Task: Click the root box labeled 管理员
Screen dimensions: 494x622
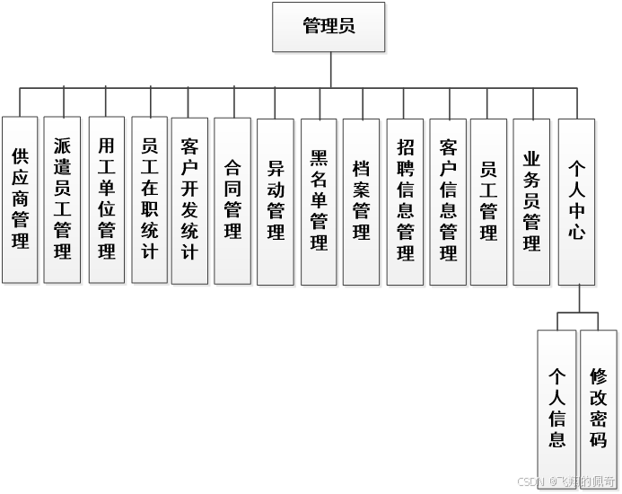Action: tap(329, 26)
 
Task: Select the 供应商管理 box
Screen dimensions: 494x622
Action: tap(20, 199)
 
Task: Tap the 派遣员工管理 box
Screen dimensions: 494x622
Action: tap(62, 199)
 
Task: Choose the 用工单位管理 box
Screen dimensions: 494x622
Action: tap(106, 199)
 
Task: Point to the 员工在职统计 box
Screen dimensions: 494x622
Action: tap(149, 199)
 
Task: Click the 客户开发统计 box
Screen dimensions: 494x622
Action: tap(189, 199)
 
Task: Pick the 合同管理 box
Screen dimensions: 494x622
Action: tap(232, 199)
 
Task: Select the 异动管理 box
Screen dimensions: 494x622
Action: tap(276, 199)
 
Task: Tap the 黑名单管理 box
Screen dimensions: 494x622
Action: tap(319, 199)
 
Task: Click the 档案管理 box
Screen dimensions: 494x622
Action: tap(362, 199)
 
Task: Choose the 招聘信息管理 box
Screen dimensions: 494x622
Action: tap(405, 199)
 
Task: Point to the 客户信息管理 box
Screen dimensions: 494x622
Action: tap(448, 199)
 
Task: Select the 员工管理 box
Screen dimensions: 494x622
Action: tap(489, 199)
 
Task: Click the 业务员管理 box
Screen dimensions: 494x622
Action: tap(531, 199)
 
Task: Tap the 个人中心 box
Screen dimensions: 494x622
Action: tap(576, 199)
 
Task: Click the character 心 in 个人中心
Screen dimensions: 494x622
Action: tap(576, 231)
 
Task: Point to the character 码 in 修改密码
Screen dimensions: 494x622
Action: tap(599, 439)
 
